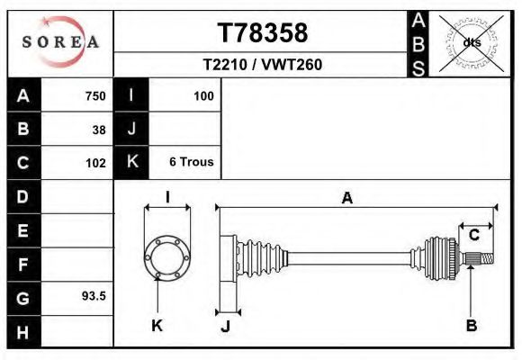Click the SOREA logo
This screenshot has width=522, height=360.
click(x=59, y=42)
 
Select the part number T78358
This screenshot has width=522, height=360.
click(x=262, y=33)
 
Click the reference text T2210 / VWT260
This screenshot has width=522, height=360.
click(x=262, y=65)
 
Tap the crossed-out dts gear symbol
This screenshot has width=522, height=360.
click(x=471, y=41)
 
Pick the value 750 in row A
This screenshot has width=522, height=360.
click(x=94, y=96)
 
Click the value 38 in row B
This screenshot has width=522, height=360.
click(x=99, y=130)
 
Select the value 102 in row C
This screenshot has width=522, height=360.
click(x=94, y=163)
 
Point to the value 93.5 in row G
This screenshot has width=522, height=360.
click(x=94, y=295)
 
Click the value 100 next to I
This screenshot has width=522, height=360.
click(x=202, y=96)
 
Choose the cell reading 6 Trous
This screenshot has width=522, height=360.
click(x=191, y=163)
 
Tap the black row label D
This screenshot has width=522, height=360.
click(x=23, y=196)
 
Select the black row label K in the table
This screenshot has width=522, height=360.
click(x=132, y=163)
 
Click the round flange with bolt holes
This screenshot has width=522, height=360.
click(x=166, y=256)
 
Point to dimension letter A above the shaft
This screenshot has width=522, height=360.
click(x=346, y=200)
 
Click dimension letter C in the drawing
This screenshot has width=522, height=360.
click(x=473, y=235)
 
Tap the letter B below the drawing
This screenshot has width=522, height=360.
click(x=471, y=326)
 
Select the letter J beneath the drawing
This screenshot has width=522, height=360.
click(x=225, y=326)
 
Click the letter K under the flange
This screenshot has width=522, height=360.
click(x=157, y=326)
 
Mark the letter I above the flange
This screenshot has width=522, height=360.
click(x=167, y=198)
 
